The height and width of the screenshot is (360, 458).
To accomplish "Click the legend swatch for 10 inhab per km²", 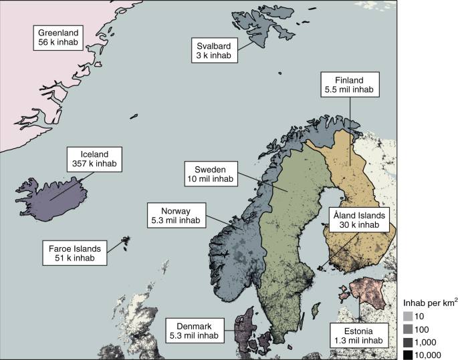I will coord(407,315).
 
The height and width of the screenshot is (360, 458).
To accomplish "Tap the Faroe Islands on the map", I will coord(125,241).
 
